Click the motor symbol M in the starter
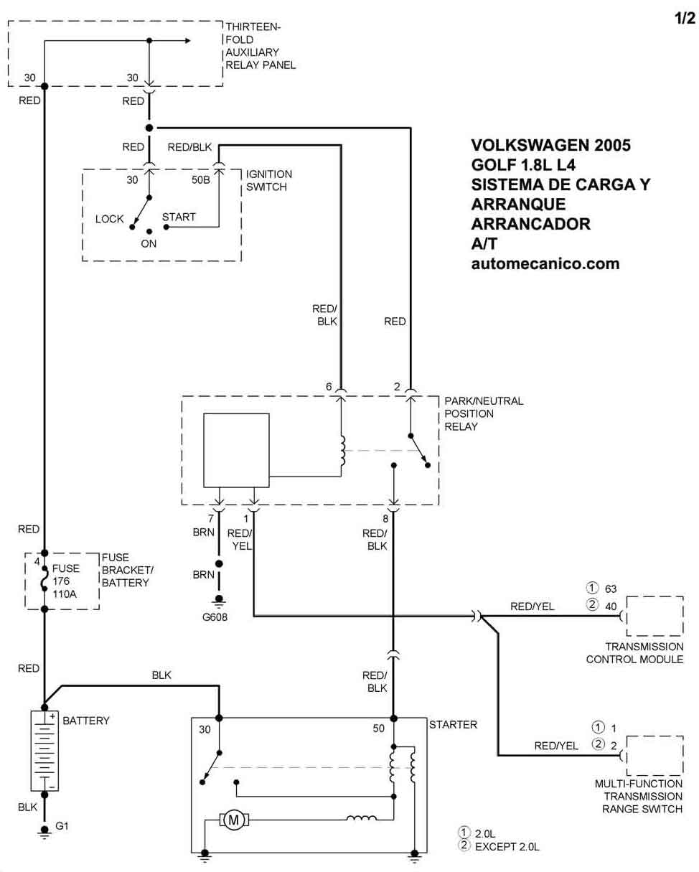point(233,820)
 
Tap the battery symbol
point(44,750)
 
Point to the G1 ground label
point(62,826)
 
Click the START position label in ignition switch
point(179,217)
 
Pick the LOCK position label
point(110,219)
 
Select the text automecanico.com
point(545,263)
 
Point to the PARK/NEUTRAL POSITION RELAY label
point(484,413)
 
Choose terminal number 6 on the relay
point(329,387)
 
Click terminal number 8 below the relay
point(386,518)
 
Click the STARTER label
point(453,725)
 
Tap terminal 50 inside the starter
point(379,728)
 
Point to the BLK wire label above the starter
point(161,675)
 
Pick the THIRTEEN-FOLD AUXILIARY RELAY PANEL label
point(260,46)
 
